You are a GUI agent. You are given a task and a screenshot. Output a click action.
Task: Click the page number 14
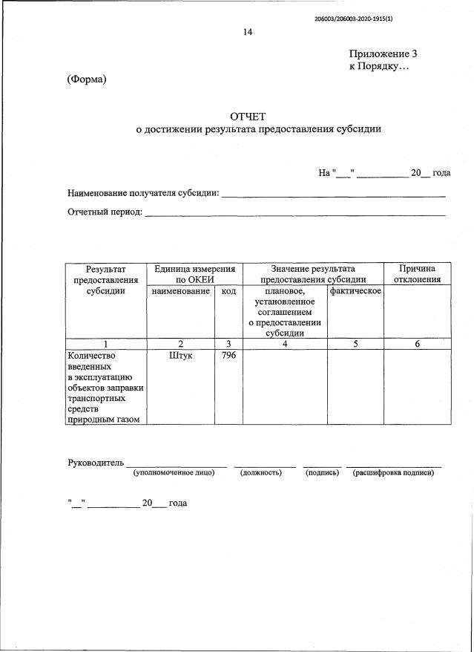[248, 32]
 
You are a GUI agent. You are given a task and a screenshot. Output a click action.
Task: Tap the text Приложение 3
[384, 53]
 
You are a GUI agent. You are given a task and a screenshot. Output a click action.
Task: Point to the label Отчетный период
[105, 213]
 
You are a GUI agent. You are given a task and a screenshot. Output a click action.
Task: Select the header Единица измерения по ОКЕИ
[195, 274]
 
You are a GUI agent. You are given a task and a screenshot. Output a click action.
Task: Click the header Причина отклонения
[416, 274]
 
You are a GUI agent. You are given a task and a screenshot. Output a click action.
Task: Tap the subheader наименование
[180, 291]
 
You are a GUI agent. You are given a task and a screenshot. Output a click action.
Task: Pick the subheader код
[228, 291]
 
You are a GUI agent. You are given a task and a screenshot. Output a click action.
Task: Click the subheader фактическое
[355, 291]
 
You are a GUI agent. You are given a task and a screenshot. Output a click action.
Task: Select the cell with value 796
[228, 356]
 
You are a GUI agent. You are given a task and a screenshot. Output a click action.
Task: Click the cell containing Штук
[180, 356]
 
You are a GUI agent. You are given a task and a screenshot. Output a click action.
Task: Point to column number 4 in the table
[285, 343]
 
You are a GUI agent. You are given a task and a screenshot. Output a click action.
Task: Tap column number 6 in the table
[416, 343]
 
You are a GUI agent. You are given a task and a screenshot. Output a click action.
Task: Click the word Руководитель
[95, 463]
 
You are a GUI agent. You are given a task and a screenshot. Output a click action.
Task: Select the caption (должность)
[261, 473]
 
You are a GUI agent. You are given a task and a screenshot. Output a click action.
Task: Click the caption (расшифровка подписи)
[393, 473]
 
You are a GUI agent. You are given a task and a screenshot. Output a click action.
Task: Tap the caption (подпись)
[323, 473]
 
